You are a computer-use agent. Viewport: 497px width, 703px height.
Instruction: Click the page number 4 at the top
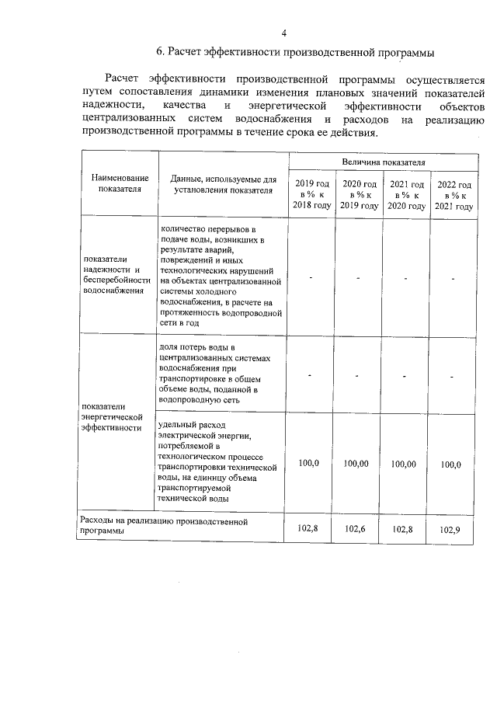tap(284, 33)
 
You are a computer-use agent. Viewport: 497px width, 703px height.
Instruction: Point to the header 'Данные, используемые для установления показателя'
tap(223, 183)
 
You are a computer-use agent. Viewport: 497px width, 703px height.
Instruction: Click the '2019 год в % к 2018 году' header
tap(312, 195)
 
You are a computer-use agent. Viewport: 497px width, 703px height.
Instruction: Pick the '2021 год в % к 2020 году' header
tap(407, 195)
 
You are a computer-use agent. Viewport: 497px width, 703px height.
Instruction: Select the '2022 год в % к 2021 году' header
tap(454, 195)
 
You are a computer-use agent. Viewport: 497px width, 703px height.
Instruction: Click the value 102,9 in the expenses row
tap(450, 530)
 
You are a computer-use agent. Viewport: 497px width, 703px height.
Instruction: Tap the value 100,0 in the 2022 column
tap(450, 465)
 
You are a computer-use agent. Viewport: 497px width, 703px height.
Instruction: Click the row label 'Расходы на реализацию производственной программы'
tap(163, 527)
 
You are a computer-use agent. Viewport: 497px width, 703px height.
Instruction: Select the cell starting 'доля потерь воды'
tap(214, 373)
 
